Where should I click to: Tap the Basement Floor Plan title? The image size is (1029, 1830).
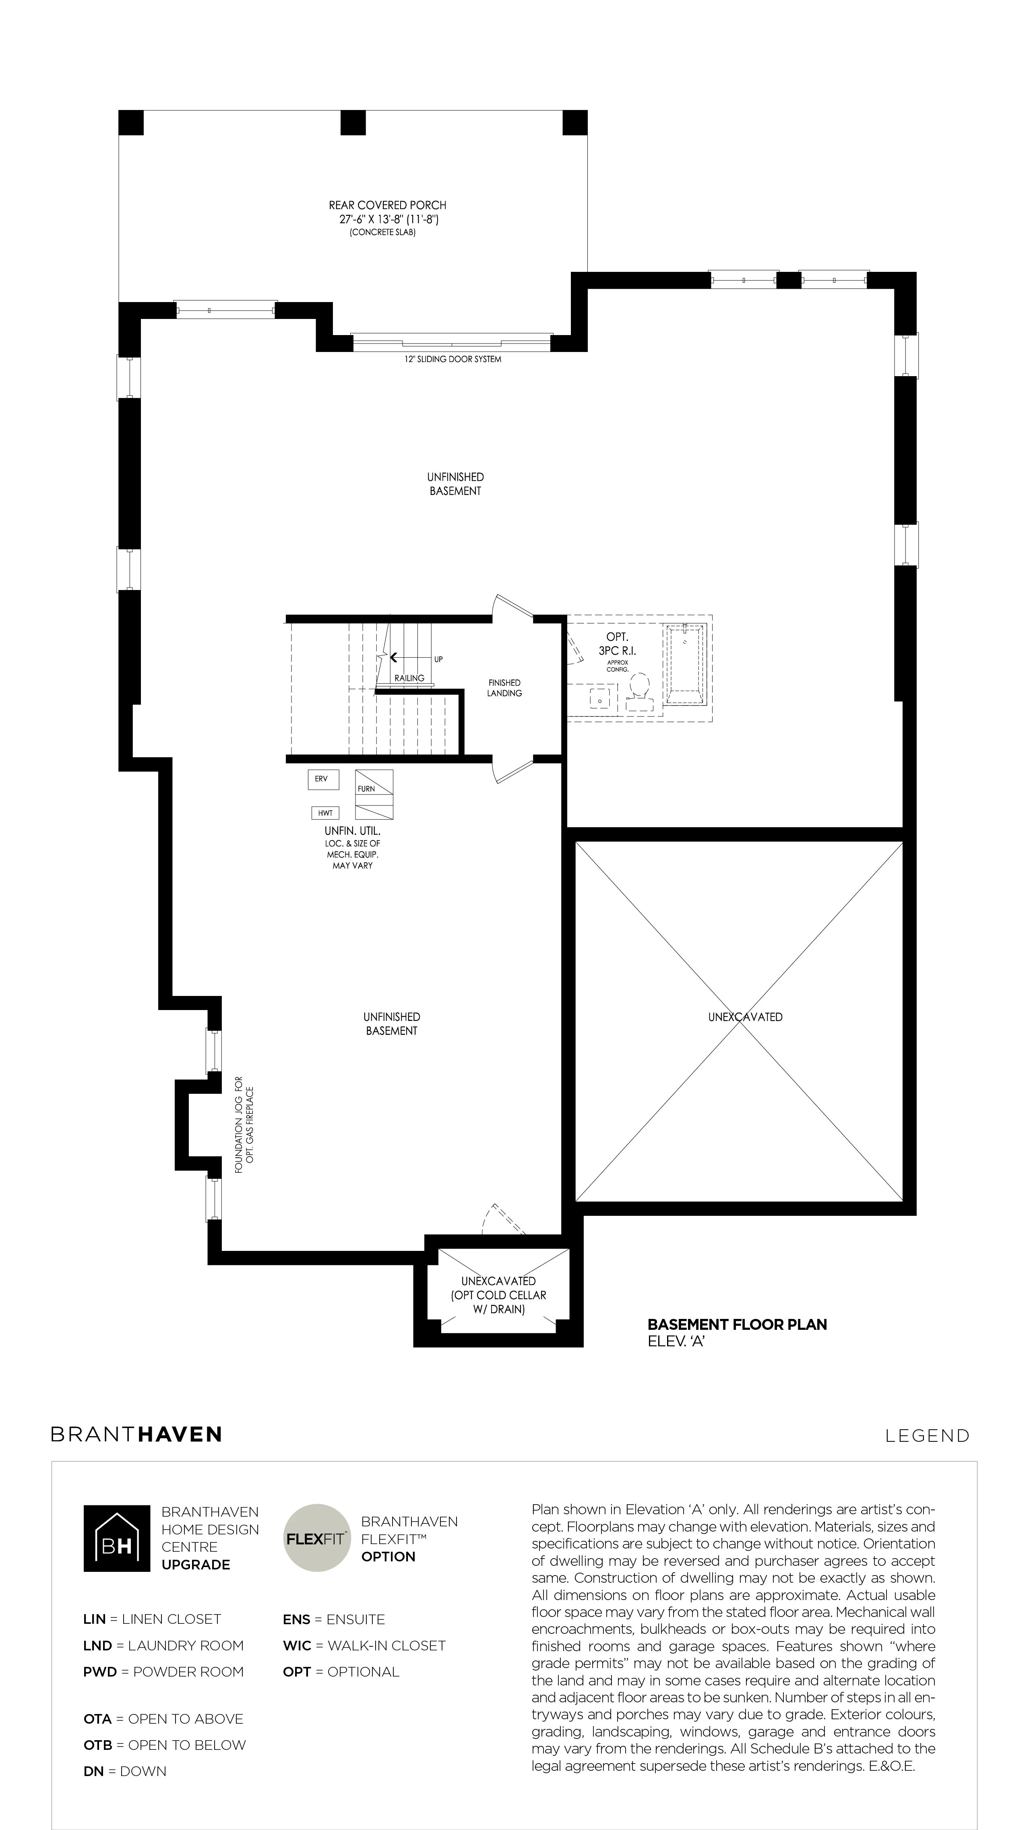pos(737,1324)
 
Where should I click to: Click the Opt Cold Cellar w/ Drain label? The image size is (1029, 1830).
pos(498,1295)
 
